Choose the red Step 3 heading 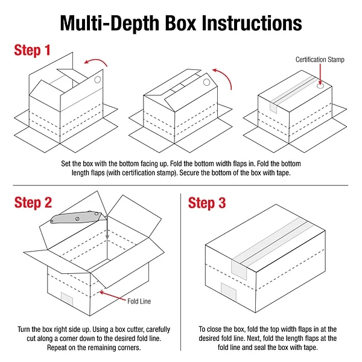207,203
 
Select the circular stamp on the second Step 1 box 207,81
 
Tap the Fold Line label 139,300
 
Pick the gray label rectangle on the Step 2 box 66,300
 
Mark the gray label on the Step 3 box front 228,293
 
